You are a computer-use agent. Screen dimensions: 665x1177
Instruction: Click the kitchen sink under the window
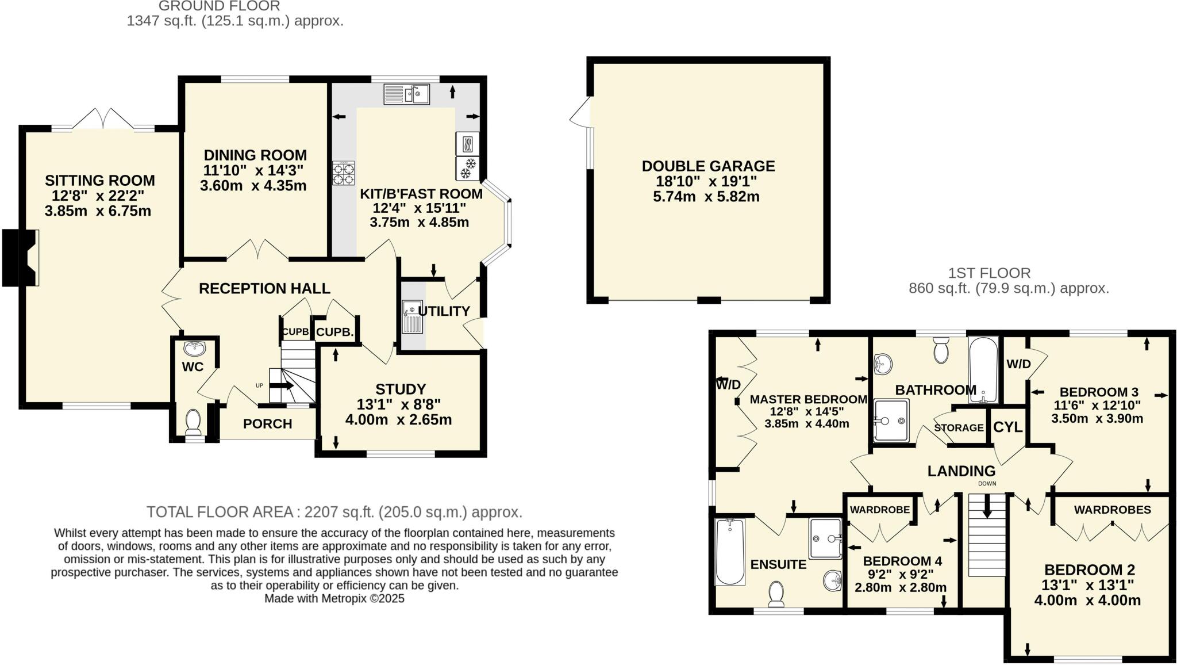click(x=406, y=94)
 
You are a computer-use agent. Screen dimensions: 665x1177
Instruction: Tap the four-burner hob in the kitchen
click(x=343, y=173)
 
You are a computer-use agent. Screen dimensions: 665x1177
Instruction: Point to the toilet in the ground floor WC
click(x=193, y=423)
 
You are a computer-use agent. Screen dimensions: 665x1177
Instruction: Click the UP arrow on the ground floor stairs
click(x=281, y=386)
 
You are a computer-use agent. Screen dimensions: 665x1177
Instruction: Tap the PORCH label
click(x=267, y=424)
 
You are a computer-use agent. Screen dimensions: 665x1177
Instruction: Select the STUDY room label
click(x=400, y=389)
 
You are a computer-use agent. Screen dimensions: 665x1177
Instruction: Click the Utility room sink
click(x=412, y=318)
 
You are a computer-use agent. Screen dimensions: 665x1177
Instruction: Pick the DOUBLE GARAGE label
click(x=708, y=166)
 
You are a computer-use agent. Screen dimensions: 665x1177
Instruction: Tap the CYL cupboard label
click(x=1007, y=427)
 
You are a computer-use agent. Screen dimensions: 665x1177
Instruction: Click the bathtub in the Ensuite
click(x=730, y=552)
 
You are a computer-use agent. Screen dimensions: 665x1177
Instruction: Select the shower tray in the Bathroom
click(x=891, y=421)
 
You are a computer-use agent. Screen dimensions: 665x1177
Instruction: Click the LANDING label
click(x=961, y=471)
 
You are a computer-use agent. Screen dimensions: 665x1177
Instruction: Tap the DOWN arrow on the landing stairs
click(x=987, y=506)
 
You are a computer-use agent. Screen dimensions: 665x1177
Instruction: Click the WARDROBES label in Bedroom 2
click(x=1111, y=510)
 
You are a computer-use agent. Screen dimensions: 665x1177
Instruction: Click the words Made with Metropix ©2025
click(x=334, y=599)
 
